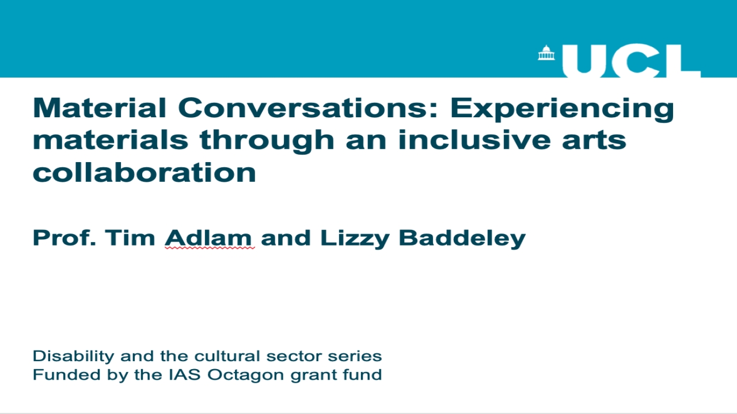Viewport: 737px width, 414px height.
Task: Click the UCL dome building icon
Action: click(x=546, y=53)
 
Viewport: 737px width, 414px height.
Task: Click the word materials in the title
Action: click(x=110, y=140)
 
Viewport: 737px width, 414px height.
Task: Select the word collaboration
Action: click(x=144, y=172)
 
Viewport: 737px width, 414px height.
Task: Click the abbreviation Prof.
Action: click(x=64, y=237)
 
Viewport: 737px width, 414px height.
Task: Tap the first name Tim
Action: click(x=130, y=237)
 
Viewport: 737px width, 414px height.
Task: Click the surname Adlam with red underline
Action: click(x=209, y=237)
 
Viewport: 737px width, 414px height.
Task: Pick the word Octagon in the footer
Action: click(x=246, y=375)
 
